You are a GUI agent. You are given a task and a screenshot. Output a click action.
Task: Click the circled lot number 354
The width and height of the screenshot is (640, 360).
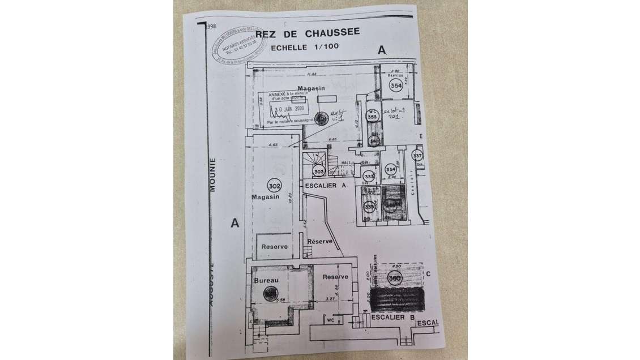[396, 85]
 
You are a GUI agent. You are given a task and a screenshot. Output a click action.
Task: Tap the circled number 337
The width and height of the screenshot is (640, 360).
[417, 156]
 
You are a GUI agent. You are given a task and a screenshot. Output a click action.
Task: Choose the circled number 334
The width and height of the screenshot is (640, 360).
[390, 169]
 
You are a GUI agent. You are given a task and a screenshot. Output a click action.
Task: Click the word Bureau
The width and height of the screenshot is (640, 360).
[265, 281]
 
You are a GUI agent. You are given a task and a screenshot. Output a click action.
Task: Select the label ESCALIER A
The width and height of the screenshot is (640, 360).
[326, 186]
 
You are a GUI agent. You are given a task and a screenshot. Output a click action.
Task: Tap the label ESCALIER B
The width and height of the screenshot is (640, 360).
[391, 318]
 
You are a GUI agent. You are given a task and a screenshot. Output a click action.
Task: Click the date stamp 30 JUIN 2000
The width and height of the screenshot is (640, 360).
[288, 108]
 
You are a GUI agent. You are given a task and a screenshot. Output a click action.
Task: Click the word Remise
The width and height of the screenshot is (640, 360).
[395, 75]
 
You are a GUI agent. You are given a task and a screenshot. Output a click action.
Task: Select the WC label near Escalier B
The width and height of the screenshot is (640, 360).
[331, 320]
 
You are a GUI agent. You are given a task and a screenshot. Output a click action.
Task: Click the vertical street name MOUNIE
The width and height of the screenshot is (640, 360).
[213, 175]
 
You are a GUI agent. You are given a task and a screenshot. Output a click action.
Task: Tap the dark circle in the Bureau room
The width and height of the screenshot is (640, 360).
[271, 293]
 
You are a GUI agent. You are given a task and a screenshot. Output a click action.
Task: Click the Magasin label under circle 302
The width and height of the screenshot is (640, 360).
[266, 197]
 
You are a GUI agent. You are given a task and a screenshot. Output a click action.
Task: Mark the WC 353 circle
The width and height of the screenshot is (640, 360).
[373, 114]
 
